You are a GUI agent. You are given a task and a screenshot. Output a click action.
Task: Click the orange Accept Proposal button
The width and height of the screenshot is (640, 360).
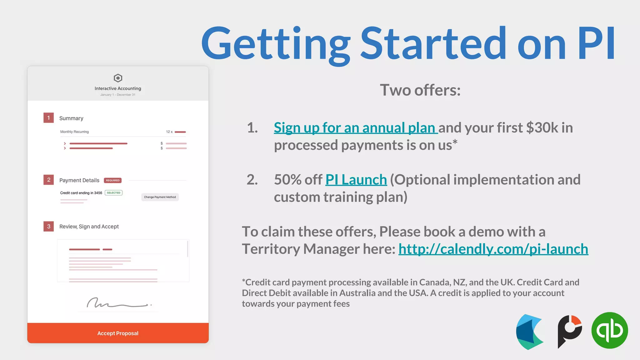[x=118, y=333]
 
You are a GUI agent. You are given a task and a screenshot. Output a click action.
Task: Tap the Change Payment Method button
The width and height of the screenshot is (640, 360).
[x=160, y=197]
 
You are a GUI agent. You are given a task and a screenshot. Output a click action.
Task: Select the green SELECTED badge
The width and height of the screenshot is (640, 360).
[x=113, y=193]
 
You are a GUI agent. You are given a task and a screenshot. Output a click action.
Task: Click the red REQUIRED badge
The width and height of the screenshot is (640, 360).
[x=112, y=180]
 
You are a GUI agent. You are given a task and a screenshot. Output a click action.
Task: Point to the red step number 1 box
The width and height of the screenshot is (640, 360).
[x=48, y=118]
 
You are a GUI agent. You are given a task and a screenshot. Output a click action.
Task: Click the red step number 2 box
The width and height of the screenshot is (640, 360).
[x=48, y=180]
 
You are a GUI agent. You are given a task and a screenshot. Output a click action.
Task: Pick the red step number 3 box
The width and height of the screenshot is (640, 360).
[x=48, y=226]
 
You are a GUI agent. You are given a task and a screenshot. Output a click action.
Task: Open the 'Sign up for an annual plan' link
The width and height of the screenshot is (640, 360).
[x=355, y=127]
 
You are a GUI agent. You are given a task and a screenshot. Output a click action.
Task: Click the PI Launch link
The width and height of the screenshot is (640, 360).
[x=356, y=180]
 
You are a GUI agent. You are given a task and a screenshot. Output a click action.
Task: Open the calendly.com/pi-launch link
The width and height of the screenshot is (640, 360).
[x=493, y=249]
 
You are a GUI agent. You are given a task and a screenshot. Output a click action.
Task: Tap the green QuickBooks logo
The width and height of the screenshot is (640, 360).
[x=609, y=330]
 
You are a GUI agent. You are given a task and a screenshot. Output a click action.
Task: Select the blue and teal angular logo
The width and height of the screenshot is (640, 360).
[x=529, y=332]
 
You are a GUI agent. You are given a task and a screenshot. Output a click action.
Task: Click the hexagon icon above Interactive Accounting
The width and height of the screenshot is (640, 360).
[x=118, y=78]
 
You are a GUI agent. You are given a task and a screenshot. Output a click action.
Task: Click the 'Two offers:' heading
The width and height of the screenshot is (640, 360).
[x=420, y=90]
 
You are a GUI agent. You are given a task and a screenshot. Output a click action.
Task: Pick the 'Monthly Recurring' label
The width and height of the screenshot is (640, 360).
[x=74, y=132]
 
